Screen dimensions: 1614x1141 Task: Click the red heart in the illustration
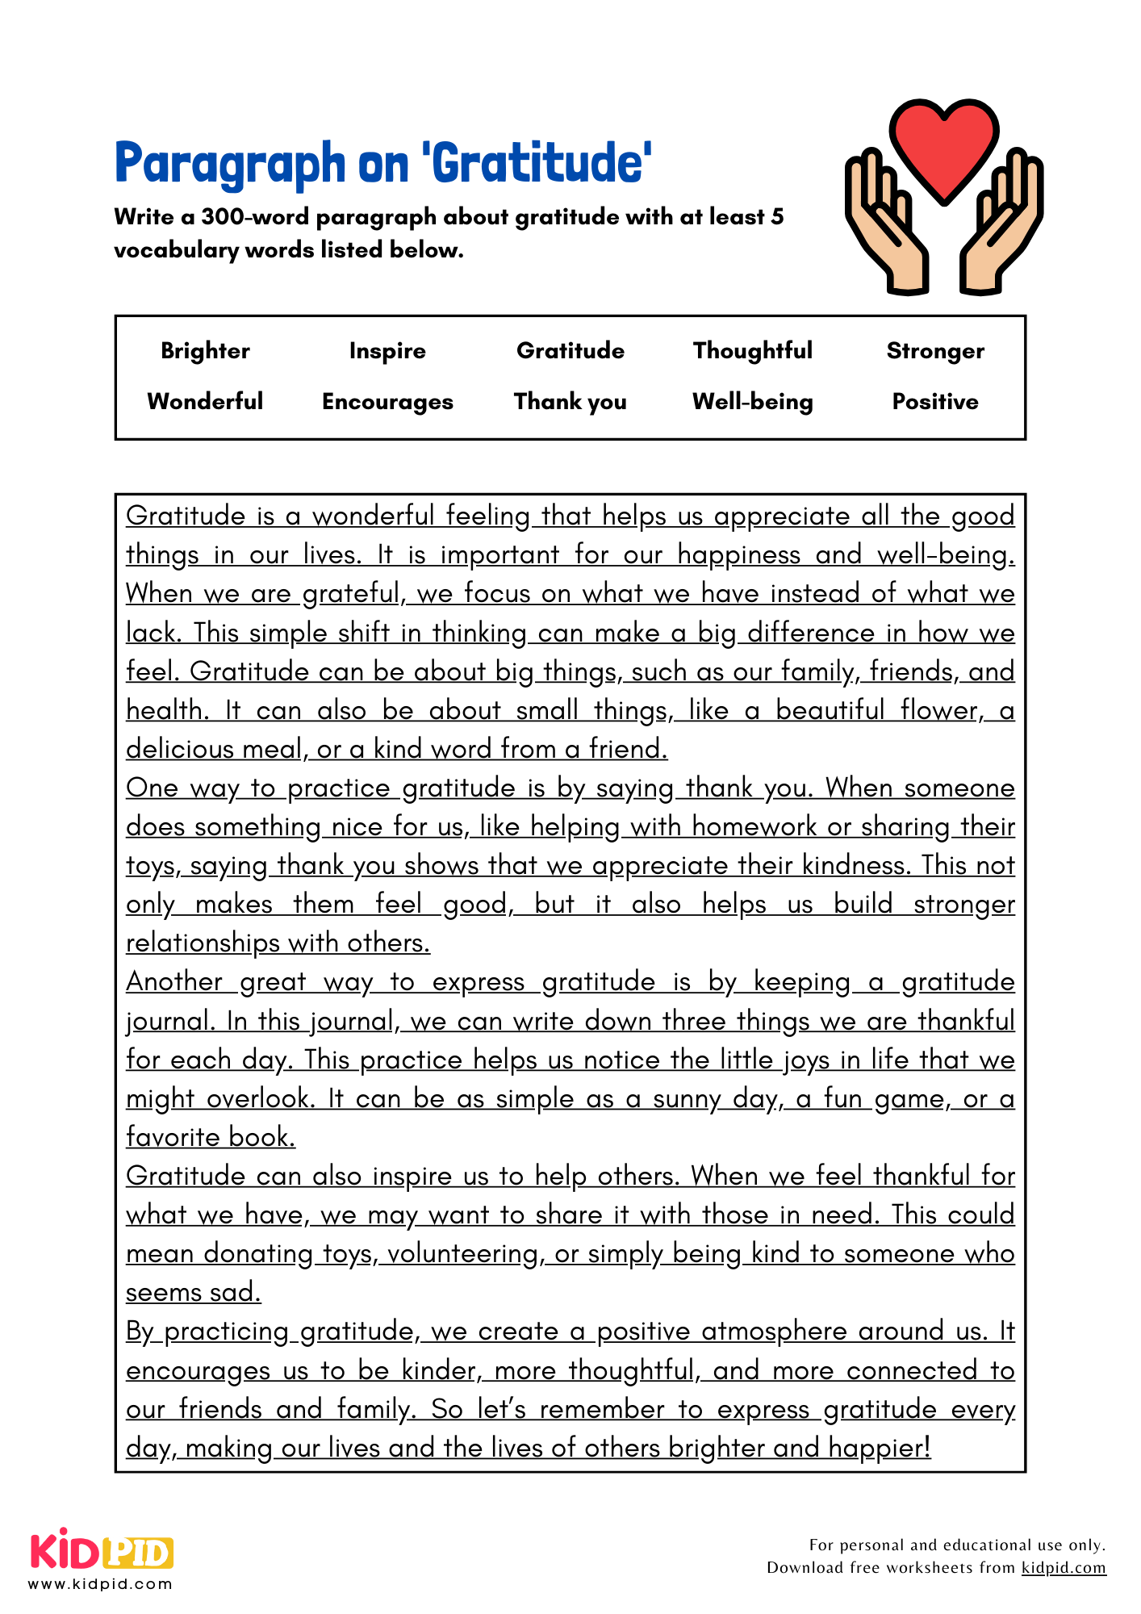(x=943, y=145)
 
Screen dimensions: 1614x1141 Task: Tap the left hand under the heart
(x=888, y=230)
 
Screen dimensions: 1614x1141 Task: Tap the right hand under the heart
(x=1001, y=230)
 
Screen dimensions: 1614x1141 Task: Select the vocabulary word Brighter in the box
(x=205, y=351)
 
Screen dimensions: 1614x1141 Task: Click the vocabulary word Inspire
(x=387, y=351)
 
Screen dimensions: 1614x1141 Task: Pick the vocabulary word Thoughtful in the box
(x=752, y=351)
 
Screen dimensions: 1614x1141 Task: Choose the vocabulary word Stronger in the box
(x=935, y=351)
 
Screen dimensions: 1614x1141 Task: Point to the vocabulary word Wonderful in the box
(x=205, y=402)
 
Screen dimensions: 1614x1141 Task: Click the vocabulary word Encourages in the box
(x=387, y=402)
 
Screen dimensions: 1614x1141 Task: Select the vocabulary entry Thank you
(x=570, y=402)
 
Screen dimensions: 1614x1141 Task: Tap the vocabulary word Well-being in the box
(x=752, y=402)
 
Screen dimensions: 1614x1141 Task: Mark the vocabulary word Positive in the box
(x=935, y=402)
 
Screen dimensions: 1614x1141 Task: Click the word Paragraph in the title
(x=230, y=164)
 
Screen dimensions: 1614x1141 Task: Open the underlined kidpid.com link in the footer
(x=1064, y=1568)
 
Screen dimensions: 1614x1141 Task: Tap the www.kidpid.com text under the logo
(x=101, y=1584)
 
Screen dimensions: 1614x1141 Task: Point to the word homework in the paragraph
(x=754, y=827)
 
